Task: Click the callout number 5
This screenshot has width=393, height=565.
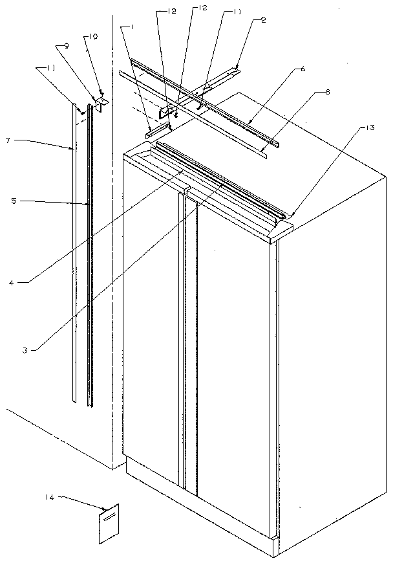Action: click(x=14, y=201)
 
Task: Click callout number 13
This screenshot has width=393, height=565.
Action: click(x=369, y=128)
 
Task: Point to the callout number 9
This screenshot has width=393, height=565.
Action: click(x=66, y=45)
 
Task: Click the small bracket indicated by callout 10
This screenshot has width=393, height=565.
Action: click(x=103, y=101)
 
